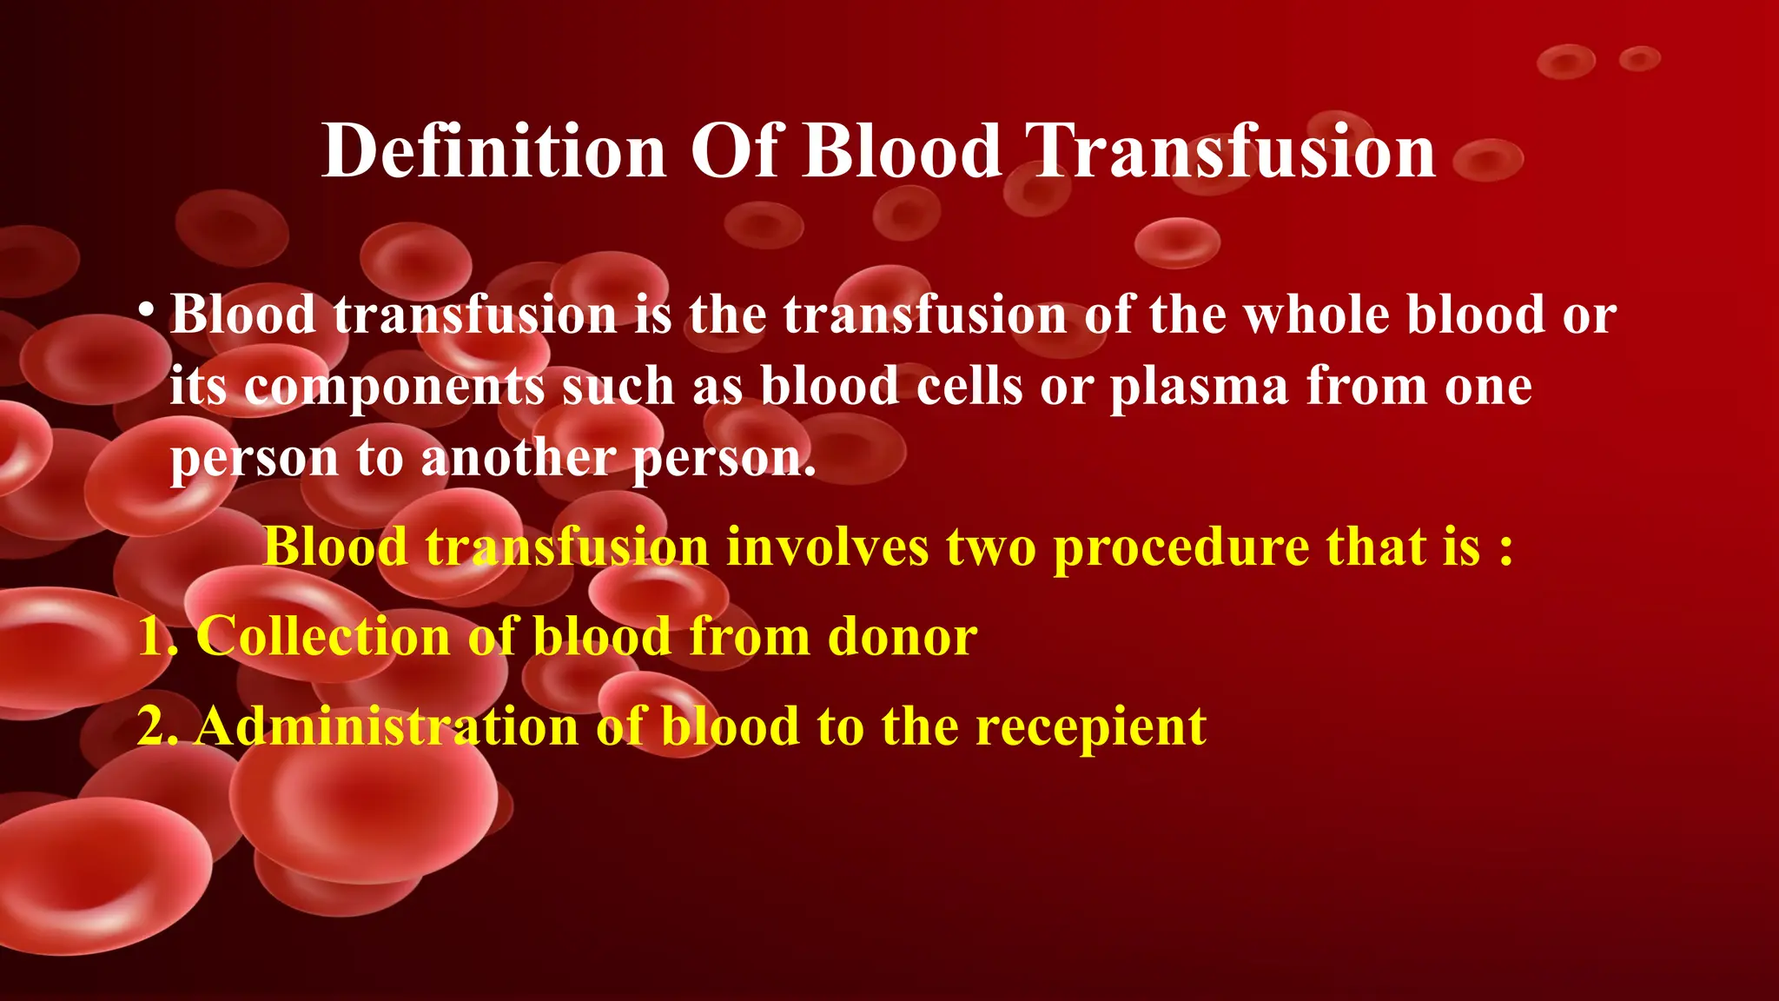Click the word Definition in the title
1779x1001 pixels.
tap(493, 151)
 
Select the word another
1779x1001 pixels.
tap(519, 458)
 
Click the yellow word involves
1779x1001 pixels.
tap(828, 547)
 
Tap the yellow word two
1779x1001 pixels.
tap(991, 547)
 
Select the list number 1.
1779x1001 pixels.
tap(155, 636)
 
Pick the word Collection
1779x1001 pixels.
tap(322, 636)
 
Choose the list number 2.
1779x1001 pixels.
tap(155, 726)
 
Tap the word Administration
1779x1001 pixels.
tap(387, 726)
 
